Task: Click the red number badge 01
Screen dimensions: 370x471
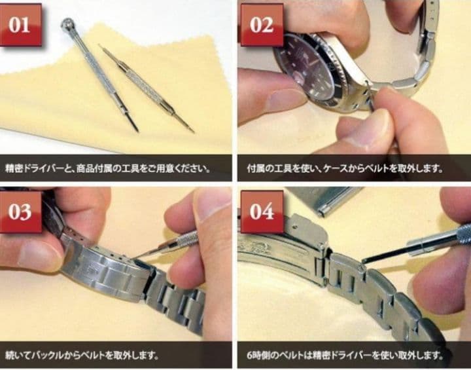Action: [20, 24]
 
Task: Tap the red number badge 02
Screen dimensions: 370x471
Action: [261, 24]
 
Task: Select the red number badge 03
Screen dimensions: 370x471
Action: [20, 212]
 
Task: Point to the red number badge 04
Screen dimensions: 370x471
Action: [261, 212]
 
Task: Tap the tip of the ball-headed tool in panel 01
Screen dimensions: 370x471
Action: [137, 130]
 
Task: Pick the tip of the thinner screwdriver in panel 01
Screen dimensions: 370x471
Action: [192, 131]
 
